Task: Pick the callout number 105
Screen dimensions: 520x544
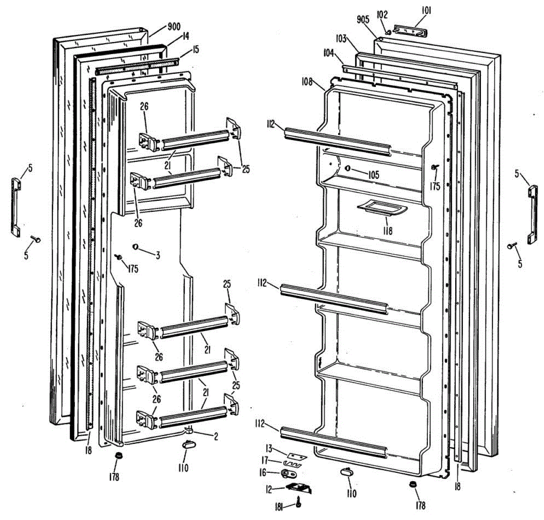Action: point(373,175)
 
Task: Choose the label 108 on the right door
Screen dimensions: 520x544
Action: point(306,82)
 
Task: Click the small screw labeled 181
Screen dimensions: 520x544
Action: point(299,502)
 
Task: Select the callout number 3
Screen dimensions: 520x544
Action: point(157,256)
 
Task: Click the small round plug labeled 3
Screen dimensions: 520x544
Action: point(135,246)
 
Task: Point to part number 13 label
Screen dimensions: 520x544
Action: point(269,449)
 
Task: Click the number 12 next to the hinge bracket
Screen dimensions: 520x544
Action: point(269,489)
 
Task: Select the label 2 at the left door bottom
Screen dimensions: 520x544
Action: point(216,437)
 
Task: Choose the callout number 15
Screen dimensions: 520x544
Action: point(195,50)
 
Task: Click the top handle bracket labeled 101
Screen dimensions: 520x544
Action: point(410,30)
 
